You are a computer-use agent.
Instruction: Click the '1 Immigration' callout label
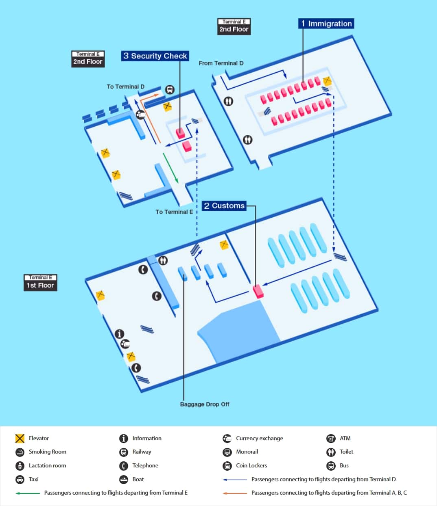[326, 24]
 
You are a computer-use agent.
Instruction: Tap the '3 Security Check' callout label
[155, 56]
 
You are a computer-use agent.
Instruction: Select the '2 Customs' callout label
[224, 206]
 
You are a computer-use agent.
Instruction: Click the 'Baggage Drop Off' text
[205, 404]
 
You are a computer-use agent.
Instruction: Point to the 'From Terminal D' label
[221, 63]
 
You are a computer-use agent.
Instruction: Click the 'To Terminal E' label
[174, 212]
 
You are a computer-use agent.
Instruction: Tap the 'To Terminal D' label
[125, 86]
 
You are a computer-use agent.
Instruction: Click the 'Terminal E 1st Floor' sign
[40, 282]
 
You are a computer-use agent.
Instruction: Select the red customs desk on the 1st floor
[258, 291]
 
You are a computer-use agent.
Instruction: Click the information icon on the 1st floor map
[119, 334]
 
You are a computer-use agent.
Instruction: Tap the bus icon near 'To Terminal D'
[170, 89]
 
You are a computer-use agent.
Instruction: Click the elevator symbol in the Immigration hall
[327, 81]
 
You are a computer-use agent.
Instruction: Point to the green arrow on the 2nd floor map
[170, 167]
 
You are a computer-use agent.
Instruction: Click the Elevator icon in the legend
[20, 438]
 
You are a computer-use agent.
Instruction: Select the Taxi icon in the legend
[20, 479]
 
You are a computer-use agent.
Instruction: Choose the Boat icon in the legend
[124, 479]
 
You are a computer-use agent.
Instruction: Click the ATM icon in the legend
[331, 438]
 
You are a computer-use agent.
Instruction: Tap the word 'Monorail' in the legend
[247, 452]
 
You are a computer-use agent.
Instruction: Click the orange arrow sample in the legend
[235, 493]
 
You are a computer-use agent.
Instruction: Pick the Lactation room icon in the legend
[20, 465]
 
